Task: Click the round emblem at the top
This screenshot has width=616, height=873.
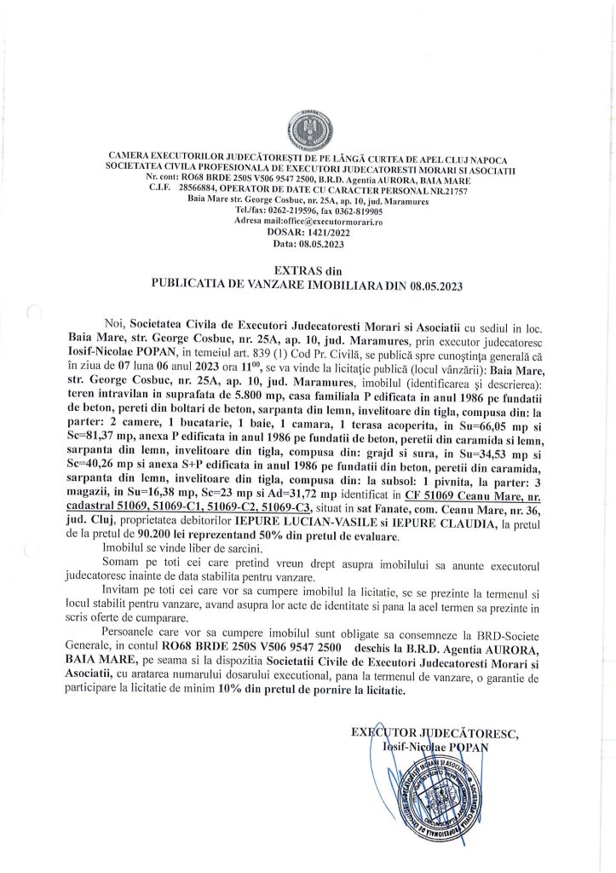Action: [307, 131]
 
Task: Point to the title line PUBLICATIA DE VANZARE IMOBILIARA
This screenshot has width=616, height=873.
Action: [307, 283]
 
